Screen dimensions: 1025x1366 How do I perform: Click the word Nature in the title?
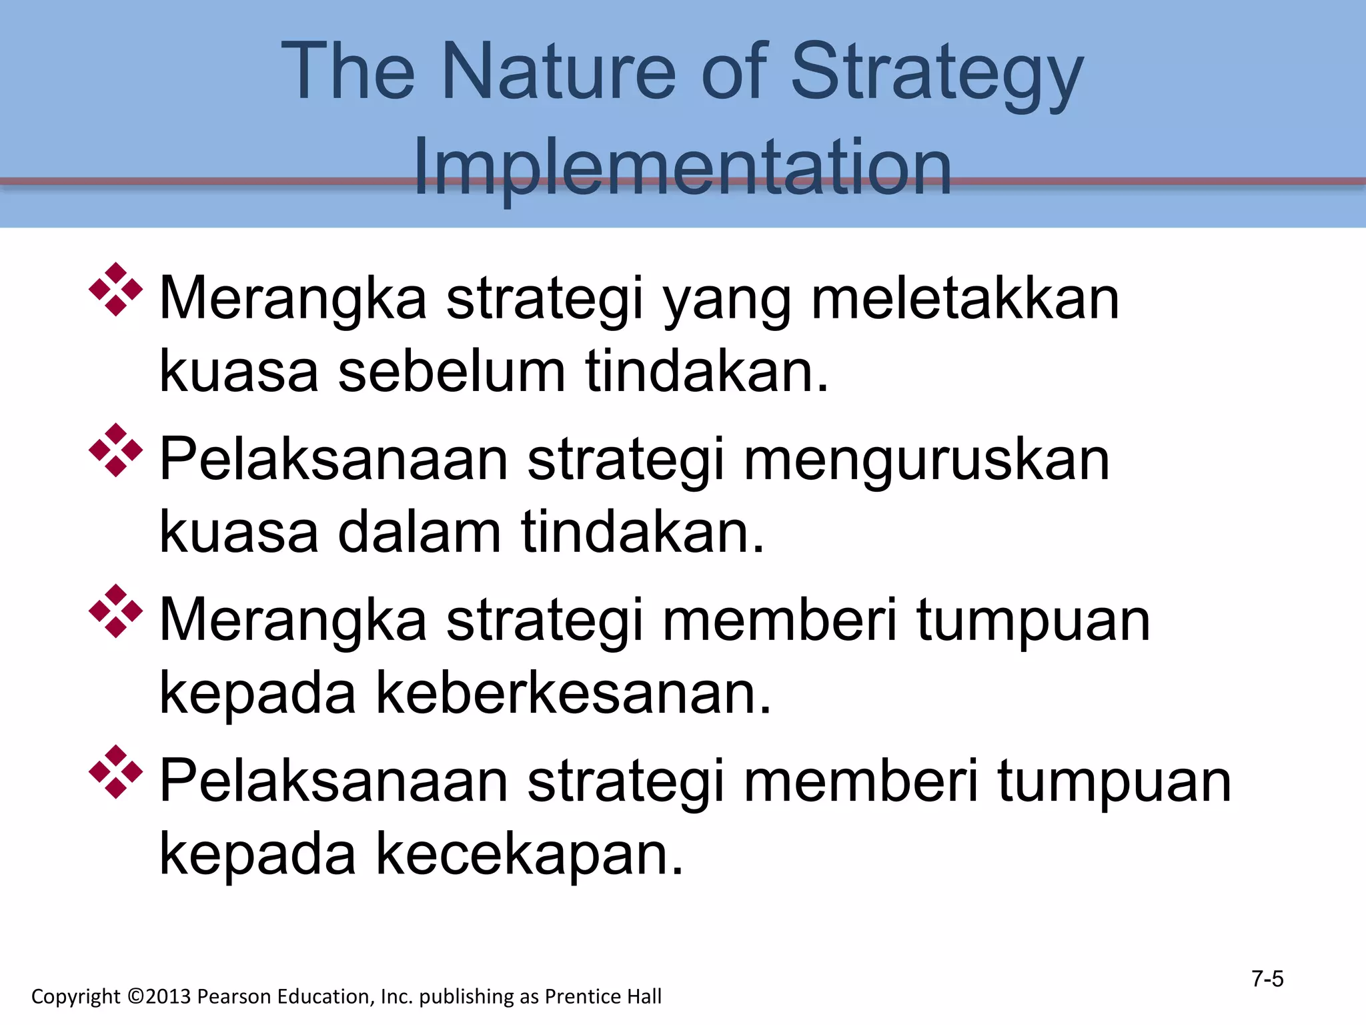coord(558,71)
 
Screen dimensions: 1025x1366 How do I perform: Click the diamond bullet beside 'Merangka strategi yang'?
coord(115,289)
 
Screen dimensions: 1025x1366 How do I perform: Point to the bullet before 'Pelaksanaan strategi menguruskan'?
coord(115,450)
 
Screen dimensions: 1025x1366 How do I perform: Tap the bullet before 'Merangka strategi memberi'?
coord(115,611)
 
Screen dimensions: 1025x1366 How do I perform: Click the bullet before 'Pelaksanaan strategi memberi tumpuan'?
coord(115,772)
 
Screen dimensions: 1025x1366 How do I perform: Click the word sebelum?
coord(452,371)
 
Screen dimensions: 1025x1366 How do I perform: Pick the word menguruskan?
coord(926,460)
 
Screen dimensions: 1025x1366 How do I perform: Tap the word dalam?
coord(419,532)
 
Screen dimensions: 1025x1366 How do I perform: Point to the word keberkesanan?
coord(574,693)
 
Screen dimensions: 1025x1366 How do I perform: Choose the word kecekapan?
coord(530,854)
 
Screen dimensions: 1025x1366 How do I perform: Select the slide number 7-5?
coord(1267,979)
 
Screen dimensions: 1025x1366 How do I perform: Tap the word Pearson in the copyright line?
coord(234,996)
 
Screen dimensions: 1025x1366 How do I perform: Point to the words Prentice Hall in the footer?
coord(603,996)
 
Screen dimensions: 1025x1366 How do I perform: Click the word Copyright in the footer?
coord(75,997)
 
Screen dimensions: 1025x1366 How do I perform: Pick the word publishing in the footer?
coord(467,997)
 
